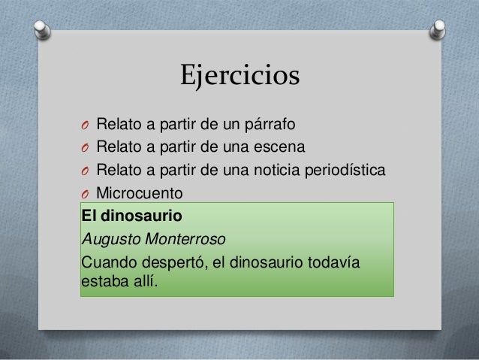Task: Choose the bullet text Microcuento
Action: click(x=139, y=193)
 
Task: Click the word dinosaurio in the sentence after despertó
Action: click(x=261, y=264)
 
